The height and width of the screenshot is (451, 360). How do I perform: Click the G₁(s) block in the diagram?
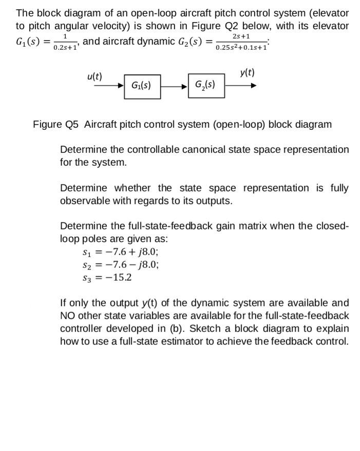(141, 85)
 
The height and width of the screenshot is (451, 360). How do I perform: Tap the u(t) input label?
(94, 76)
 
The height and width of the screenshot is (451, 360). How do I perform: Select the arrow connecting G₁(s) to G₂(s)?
(175, 85)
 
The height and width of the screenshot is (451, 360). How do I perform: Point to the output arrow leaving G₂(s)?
(240, 85)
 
